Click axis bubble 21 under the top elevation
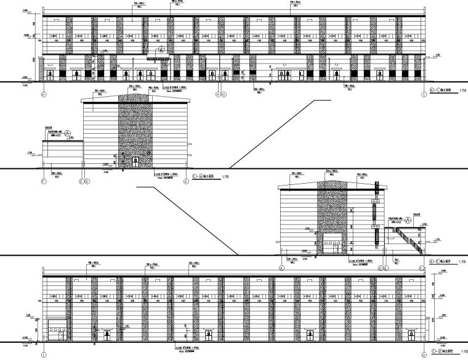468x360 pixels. coord(44,94)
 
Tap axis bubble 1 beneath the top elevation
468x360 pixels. coord(424,94)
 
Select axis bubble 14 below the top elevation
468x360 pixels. coord(218,94)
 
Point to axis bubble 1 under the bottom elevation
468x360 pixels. coord(44,356)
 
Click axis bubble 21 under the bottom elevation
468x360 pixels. coord(424,356)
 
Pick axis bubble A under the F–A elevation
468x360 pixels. coord(187,181)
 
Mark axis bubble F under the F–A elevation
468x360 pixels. coord(43,181)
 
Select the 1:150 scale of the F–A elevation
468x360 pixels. coord(225,178)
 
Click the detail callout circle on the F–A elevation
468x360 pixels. coord(70,132)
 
